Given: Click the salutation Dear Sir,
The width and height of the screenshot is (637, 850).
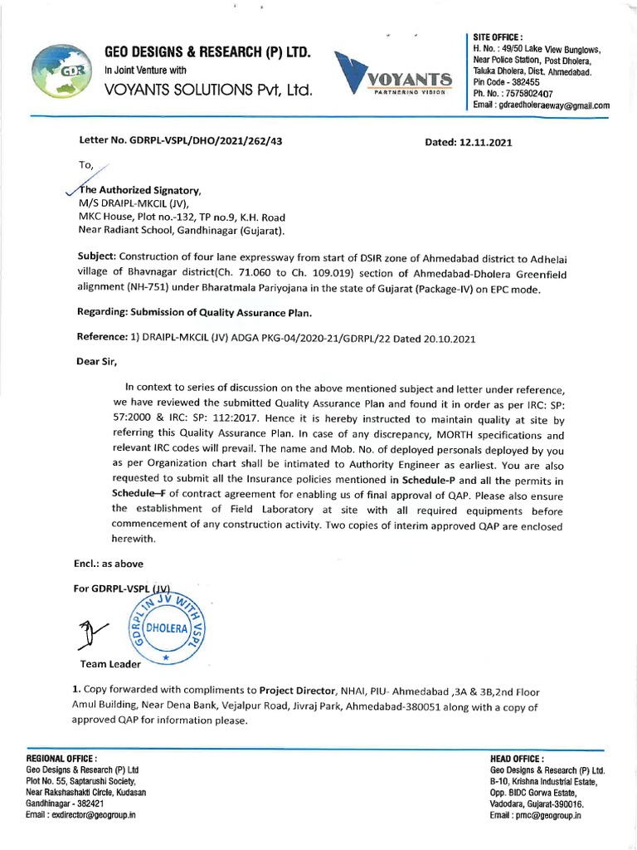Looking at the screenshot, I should (97, 362).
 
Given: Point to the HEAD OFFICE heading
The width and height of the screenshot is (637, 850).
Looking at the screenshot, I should (518, 759).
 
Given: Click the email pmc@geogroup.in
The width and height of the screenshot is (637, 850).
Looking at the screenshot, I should (548, 816).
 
